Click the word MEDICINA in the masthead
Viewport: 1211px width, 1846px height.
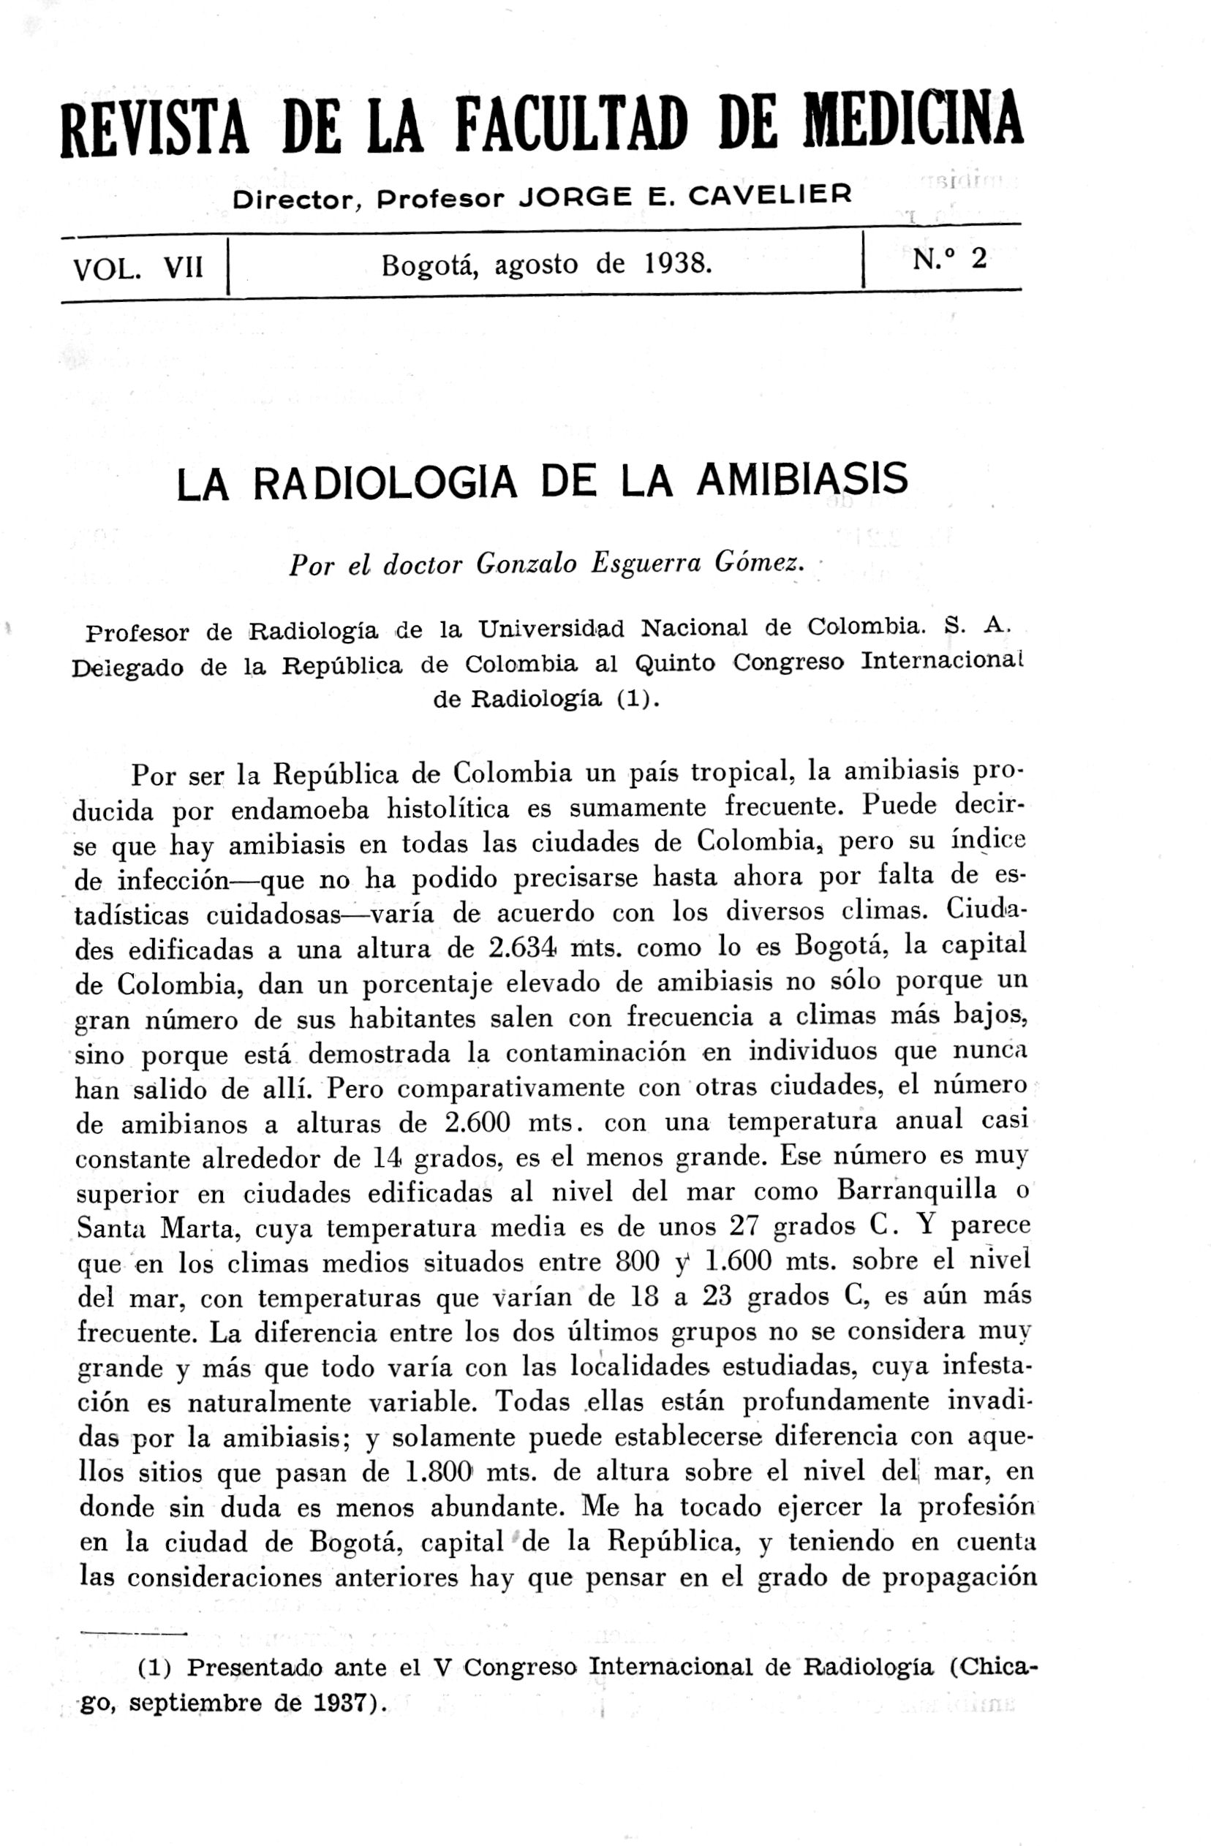click(913, 121)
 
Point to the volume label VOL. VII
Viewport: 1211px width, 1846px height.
click(138, 268)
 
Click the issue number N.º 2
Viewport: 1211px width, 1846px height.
click(949, 258)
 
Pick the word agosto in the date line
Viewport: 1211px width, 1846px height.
click(536, 265)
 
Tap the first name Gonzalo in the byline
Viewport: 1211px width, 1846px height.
click(526, 564)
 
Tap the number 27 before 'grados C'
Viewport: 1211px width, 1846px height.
click(747, 1225)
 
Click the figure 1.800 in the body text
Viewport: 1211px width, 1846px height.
click(439, 1472)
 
